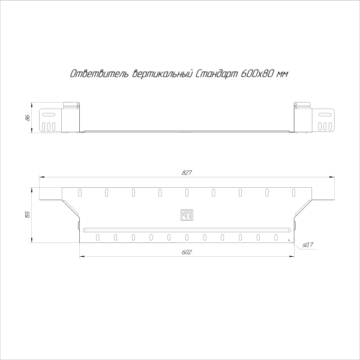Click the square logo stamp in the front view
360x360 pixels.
[x=186, y=214]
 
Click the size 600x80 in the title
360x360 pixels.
[x=257, y=74]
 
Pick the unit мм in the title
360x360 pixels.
[x=282, y=74]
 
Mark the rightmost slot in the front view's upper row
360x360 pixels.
[x=294, y=193]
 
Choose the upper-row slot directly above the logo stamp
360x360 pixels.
[x=187, y=193]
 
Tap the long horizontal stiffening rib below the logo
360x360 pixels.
[x=186, y=229]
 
